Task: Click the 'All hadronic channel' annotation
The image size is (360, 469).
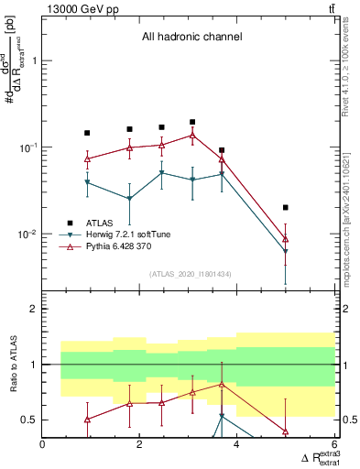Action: pyautogui.click(x=191, y=38)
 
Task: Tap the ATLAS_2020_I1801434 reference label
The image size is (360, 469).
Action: pyautogui.click(x=190, y=274)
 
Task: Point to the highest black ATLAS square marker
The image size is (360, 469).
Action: pyautogui.click(x=192, y=122)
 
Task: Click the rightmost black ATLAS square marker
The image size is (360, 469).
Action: pyautogui.click(x=286, y=208)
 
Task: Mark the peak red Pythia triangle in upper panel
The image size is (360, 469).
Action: pyautogui.click(x=192, y=136)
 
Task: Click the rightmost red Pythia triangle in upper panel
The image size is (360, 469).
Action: pyautogui.click(x=286, y=239)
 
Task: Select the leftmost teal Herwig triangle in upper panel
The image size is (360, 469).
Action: pyautogui.click(x=87, y=183)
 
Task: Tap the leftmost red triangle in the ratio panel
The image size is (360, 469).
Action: pyautogui.click(x=87, y=420)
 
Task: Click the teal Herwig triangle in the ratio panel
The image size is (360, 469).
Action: pyautogui.click(x=222, y=417)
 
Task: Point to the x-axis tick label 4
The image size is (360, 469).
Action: pyautogui.click(x=237, y=444)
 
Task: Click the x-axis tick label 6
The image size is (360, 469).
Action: pyautogui.click(x=334, y=444)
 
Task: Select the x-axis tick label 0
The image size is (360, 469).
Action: pyautogui.click(x=43, y=444)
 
